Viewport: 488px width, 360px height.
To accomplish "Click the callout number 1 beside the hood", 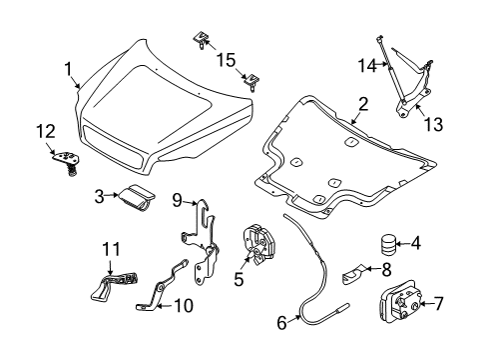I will click(x=69, y=69).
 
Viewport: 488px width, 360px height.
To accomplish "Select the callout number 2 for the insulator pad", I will click(x=363, y=103).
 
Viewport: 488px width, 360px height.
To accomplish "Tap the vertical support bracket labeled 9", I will click(x=206, y=251).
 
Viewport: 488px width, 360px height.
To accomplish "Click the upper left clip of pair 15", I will click(x=203, y=41).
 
